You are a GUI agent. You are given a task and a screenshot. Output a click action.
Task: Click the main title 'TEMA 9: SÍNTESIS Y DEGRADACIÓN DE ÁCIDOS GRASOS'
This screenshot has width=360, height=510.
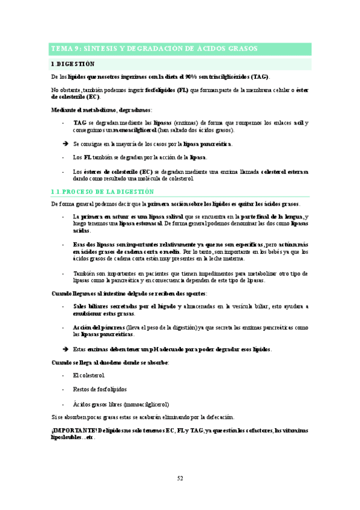pyautogui.click(x=154, y=48)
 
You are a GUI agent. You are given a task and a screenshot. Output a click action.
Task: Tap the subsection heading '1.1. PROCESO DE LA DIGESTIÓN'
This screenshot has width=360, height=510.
pyautogui.click(x=103, y=191)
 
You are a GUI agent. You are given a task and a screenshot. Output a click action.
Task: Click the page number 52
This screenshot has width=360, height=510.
pyautogui.click(x=180, y=478)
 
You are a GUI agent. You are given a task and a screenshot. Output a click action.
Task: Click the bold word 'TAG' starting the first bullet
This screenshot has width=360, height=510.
pyautogui.click(x=79, y=123)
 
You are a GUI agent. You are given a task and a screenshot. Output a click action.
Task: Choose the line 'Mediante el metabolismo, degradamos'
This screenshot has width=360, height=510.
pyautogui.click(x=102, y=110)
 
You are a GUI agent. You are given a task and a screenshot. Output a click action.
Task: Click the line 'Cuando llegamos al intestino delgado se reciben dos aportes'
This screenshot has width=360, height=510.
pyautogui.click(x=129, y=293)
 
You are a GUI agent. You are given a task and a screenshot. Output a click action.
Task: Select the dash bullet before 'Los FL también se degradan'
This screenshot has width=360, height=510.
pyautogui.click(x=64, y=158)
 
